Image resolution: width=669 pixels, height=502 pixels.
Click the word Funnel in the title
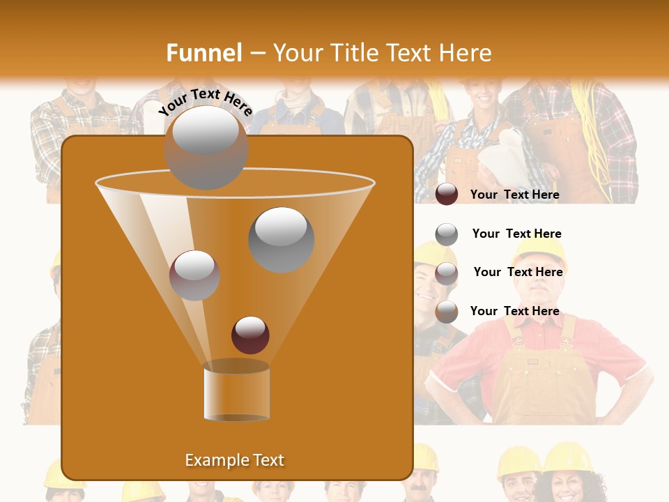(x=203, y=53)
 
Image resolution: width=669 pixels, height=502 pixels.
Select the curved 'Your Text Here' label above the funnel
(x=206, y=102)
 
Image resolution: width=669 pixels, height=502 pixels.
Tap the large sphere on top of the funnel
(x=206, y=147)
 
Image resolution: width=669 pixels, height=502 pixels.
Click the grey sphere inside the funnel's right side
(x=282, y=240)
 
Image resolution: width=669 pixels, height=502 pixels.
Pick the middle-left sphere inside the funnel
(x=194, y=275)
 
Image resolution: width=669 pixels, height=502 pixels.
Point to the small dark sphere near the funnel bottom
(x=250, y=335)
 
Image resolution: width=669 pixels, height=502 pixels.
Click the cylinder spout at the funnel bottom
(x=236, y=392)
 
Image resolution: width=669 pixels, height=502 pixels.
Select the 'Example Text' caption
(x=235, y=460)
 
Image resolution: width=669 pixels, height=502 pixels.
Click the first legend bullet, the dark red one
(x=447, y=195)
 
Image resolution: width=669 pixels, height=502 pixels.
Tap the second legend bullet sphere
(x=447, y=234)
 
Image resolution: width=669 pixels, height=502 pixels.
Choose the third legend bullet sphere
(x=447, y=273)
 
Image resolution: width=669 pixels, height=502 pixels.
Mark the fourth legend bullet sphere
(x=447, y=312)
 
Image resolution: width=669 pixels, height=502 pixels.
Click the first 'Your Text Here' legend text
(x=514, y=195)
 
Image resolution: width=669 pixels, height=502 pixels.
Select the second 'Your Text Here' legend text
(x=516, y=234)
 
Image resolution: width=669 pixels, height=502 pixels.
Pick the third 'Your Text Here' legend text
(x=518, y=272)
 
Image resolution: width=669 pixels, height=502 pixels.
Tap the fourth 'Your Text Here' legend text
(x=514, y=311)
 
